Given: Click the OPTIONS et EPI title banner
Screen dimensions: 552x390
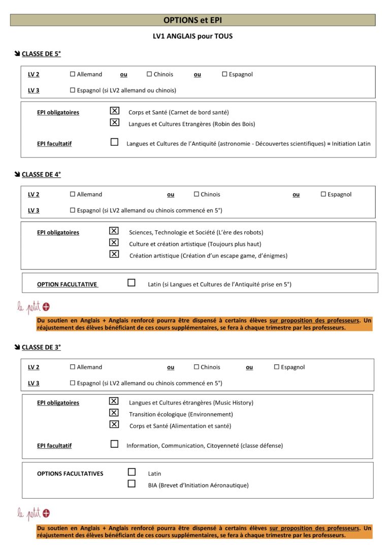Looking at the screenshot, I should (192, 20).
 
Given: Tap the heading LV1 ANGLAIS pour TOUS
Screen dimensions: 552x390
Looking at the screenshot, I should (192, 36).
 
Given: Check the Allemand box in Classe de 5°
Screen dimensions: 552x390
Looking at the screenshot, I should (73, 74).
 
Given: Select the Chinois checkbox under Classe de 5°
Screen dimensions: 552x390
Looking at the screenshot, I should (149, 74).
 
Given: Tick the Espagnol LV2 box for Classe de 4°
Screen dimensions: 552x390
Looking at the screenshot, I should (323, 194).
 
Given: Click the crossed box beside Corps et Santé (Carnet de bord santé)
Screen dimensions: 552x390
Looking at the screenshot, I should (115, 111).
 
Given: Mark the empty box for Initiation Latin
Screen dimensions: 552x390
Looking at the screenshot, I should (115, 142).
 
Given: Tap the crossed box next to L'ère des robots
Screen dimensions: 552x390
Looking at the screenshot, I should (114, 231).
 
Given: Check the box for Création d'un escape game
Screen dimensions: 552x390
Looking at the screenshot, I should (114, 254).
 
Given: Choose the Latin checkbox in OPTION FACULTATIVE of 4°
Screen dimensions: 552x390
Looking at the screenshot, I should (132, 283).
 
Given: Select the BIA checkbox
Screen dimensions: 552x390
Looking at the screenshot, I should (132, 484).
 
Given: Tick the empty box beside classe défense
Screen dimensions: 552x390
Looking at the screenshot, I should (114, 444).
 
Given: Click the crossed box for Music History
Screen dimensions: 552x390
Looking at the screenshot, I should (114, 402).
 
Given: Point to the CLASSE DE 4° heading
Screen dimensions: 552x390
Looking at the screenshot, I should (41, 174).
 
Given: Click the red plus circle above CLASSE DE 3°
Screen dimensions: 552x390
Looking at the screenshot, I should (46, 306).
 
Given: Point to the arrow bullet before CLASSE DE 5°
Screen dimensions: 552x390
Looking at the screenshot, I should (17, 54).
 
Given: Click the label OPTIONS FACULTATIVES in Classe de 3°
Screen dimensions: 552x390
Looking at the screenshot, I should (70, 474).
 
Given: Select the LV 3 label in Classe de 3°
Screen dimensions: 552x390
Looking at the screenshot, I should (34, 383).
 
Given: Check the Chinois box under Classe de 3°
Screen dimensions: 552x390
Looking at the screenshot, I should (197, 367).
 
